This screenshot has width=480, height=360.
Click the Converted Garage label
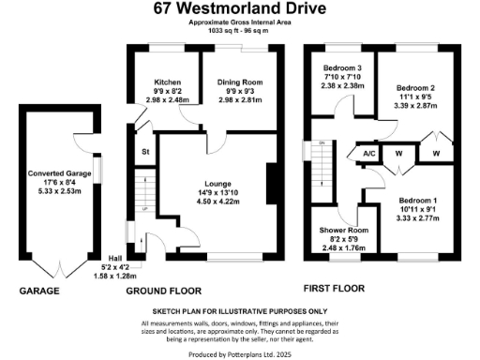[x=58, y=173]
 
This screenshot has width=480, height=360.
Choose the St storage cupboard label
[x=145, y=151]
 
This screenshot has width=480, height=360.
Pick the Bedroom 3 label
[x=343, y=68]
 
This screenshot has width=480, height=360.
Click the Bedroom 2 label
[x=418, y=86]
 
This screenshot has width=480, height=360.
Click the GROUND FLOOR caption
[x=165, y=292]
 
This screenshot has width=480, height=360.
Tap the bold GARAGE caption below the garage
[x=39, y=292]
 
